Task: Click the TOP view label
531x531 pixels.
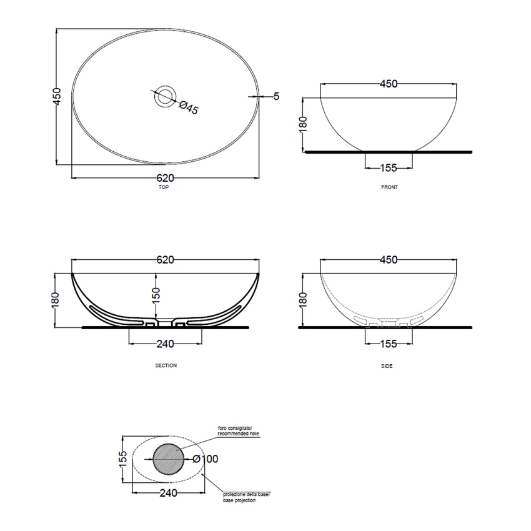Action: tap(164, 187)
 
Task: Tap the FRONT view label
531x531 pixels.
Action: tap(389, 187)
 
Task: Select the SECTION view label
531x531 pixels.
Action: tap(166, 365)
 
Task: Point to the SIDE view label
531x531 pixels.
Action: tap(387, 366)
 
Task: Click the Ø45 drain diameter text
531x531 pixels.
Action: tap(189, 107)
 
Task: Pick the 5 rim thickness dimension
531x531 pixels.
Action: tap(276, 96)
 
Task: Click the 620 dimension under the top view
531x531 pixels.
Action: tap(166, 178)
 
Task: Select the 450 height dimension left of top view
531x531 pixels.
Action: tap(57, 96)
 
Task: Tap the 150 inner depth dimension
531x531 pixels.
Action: tap(156, 295)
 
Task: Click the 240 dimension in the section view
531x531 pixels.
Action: tap(166, 344)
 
